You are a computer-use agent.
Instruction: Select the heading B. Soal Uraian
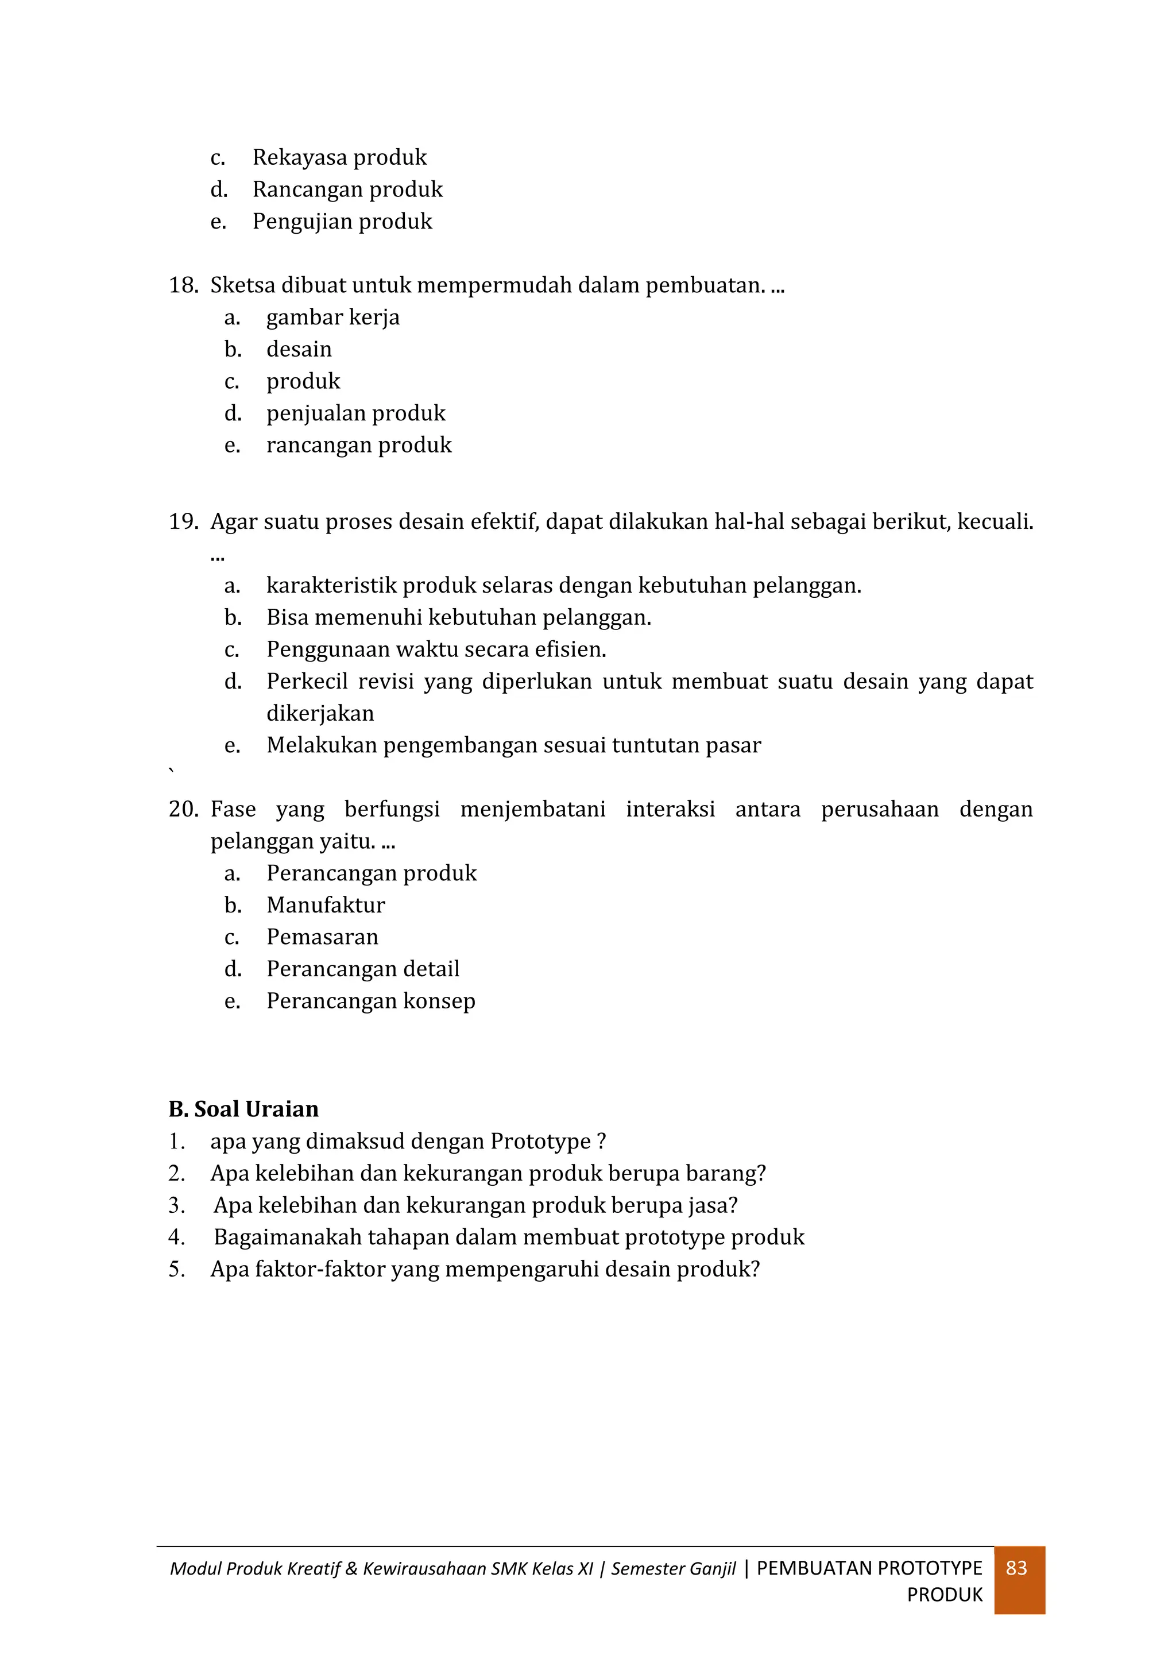(x=243, y=1109)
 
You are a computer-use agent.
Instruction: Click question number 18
(x=183, y=285)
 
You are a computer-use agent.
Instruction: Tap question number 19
(x=183, y=521)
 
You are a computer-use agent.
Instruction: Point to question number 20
(x=183, y=809)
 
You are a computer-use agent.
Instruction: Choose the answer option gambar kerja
(x=332, y=317)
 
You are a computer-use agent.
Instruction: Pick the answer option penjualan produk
(x=355, y=413)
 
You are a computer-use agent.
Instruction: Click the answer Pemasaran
(x=322, y=937)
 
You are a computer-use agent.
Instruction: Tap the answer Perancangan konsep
(x=371, y=1001)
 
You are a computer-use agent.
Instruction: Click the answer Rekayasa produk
(x=339, y=157)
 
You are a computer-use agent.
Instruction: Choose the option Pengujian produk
(x=342, y=221)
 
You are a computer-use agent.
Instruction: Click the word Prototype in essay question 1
(x=540, y=1142)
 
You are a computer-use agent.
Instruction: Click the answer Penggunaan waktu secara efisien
(x=436, y=649)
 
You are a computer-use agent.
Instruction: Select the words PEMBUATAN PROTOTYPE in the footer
(x=869, y=1568)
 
